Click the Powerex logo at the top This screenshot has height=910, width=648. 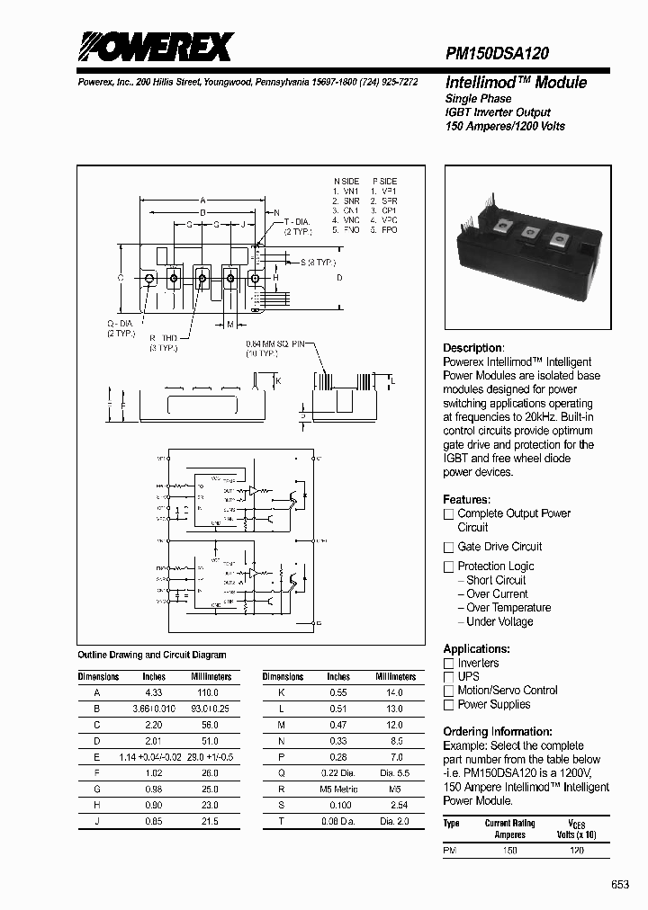(x=154, y=47)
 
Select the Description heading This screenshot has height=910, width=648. (x=473, y=348)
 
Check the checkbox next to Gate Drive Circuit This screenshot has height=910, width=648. (x=448, y=547)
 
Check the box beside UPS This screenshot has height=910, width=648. (x=448, y=676)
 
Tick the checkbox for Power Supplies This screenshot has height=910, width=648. (x=448, y=705)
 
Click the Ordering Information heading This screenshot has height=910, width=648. (x=498, y=732)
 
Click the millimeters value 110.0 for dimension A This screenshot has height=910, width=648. (x=207, y=693)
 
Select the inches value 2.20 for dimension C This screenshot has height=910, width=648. (x=154, y=724)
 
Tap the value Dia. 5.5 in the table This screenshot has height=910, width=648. (x=394, y=772)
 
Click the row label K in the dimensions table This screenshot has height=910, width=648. (x=283, y=693)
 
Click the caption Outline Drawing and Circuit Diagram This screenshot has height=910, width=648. (x=152, y=655)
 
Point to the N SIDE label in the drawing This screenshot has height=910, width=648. (x=346, y=182)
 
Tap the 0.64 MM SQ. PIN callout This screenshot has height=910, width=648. (x=275, y=344)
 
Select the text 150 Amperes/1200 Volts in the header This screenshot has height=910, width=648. (x=505, y=126)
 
